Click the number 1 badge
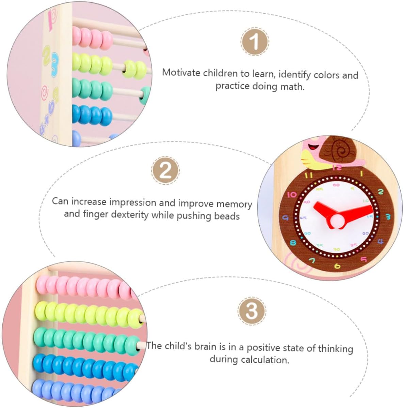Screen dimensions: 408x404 click(255, 42)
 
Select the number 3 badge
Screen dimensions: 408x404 click(252, 310)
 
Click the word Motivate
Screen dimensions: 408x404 click(181, 73)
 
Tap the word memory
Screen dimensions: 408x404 click(235, 204)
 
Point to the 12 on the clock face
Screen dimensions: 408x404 click(337, 168)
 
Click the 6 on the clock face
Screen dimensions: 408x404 click(337, 266)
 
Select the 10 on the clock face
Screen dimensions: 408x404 click(292, 195)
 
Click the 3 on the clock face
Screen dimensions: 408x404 click(388, 216)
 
